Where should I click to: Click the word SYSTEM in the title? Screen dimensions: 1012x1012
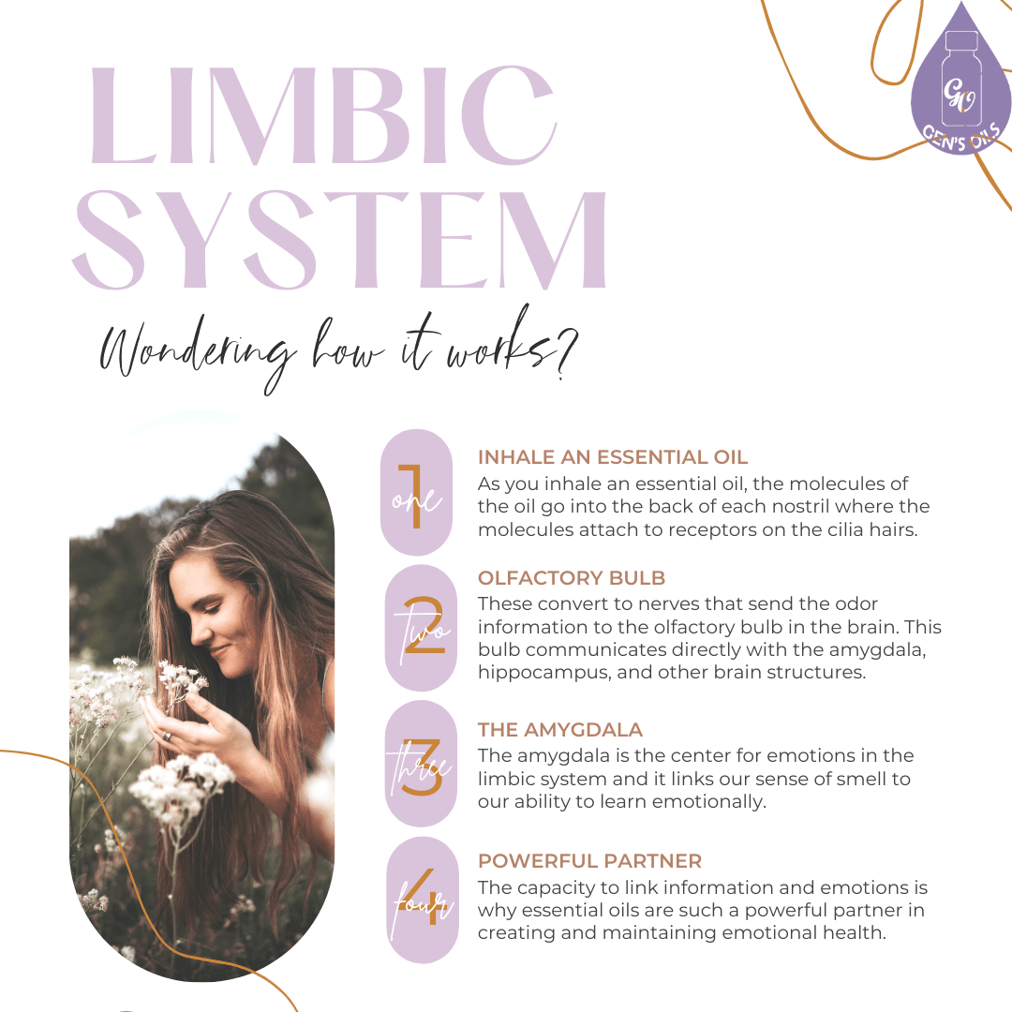[339, 239]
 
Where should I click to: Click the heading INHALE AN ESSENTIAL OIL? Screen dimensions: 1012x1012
[613, 457]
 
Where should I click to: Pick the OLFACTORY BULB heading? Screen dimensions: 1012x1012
[572, 578]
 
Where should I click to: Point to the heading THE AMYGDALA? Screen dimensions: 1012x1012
[560, 730]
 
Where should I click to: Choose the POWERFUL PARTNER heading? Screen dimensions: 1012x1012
[589, 861]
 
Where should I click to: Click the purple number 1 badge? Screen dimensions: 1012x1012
[417, 493]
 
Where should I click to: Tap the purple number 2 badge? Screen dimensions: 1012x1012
[421, 629]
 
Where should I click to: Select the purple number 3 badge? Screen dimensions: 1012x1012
[421, 764]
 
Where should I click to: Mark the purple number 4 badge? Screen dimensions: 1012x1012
[421, 900]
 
